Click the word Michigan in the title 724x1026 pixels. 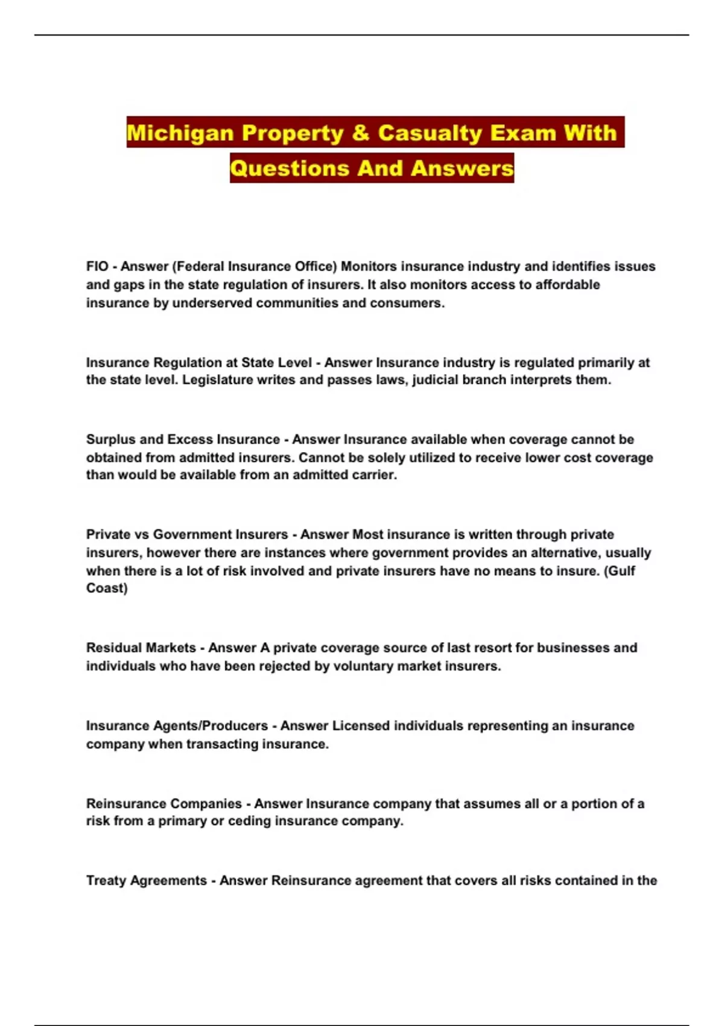[x=180, y=132]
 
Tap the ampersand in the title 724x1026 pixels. [x=360, y=132]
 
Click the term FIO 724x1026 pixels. [x=97, y=266]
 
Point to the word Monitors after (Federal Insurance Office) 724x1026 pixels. [x=369, y=266]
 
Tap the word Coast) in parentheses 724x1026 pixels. [x=107, y=588]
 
